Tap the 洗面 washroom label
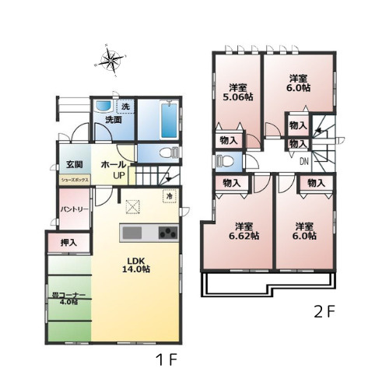pyautogui.click(x=114, y=120)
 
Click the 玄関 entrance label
pyautogui.click(x=74, y=164)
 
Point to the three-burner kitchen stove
pyautogui.click(x=168, y=233)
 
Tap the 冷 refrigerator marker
pyautogui.click(x=167, y=197)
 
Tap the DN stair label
pyautogui.click(x=303, y=162)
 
